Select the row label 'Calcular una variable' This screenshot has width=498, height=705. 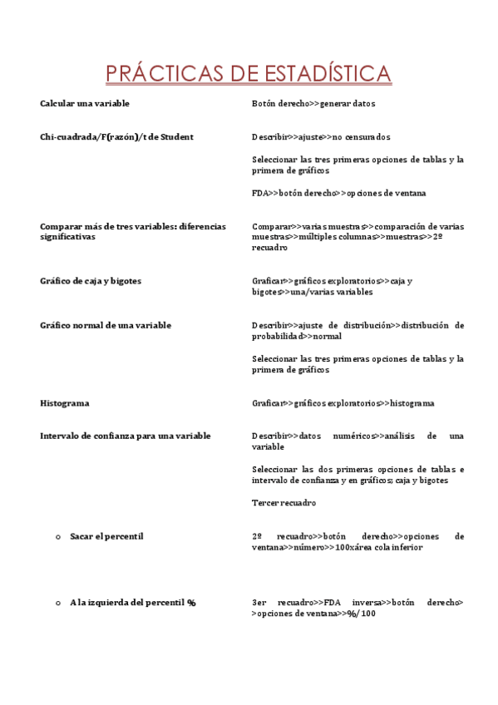tap(85, 104)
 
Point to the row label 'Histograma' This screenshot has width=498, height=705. tap(65, 403)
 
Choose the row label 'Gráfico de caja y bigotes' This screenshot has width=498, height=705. tap(91, 281)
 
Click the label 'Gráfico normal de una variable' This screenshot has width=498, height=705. tap(106, 325)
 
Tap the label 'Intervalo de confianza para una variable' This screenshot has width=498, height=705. tap(126, 436)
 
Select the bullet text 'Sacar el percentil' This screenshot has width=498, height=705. tap(106, 536)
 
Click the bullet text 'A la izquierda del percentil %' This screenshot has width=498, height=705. tap(132, 602)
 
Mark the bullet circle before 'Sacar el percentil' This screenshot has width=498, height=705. tap(57, 537)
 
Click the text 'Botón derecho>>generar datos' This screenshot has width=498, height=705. tap(313, 104)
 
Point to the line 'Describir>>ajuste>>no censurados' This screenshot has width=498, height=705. tap(321, 136)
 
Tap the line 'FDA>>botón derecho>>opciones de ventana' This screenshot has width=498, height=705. tap(338, 193)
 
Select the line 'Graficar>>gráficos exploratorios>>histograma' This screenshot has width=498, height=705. tap(343, 403)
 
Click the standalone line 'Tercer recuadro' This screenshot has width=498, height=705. tap(284, 503)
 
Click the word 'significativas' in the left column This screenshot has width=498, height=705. tap(68, 237)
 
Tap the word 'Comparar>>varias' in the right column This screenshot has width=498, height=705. tap(288, 226)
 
